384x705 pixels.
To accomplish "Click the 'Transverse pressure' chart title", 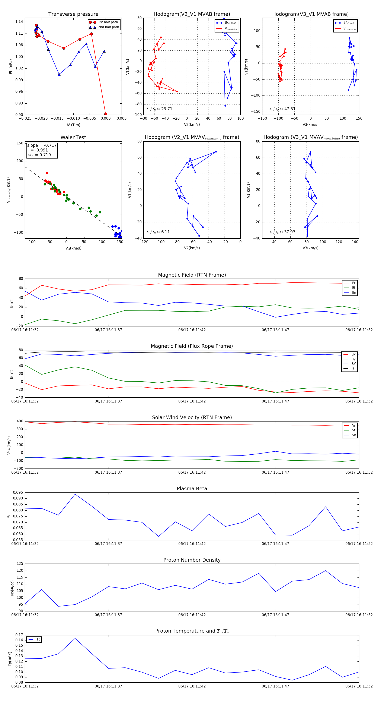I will pyautogui.click(x=73, y=14).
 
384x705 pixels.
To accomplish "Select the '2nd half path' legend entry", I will pyautogui.click(x=108, y=27).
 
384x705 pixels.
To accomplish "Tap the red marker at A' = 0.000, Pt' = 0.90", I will pyautogui.click(x=106, y=114).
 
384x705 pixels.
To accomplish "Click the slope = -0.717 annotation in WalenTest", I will pyautogui.click(x=42, y=145).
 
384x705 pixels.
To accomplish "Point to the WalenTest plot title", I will pyautogui.click(x=73, y=137).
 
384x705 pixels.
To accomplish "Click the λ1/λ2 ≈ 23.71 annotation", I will pyautogui.click(x=159, y=109).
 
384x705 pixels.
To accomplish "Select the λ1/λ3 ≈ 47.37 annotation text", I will pyautogui.click(x=282, y=109).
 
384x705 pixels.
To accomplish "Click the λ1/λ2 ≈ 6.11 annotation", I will pyautogui.click(x=158, y=232).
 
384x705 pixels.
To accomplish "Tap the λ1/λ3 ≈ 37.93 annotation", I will pyautogui.click(x=282, y=232).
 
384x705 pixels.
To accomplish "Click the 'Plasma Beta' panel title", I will pyautogui.click(x=192, y=489).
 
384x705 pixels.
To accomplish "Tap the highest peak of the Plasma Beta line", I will pyautogui.click(x=75, y=494).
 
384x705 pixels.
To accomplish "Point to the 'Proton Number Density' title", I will pyautogui.click(x=192, y=560).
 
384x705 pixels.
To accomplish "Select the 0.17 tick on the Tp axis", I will pyautogui.click(x=19, y=635).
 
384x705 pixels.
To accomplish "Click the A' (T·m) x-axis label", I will pyautogui.click(x=73, y=125).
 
